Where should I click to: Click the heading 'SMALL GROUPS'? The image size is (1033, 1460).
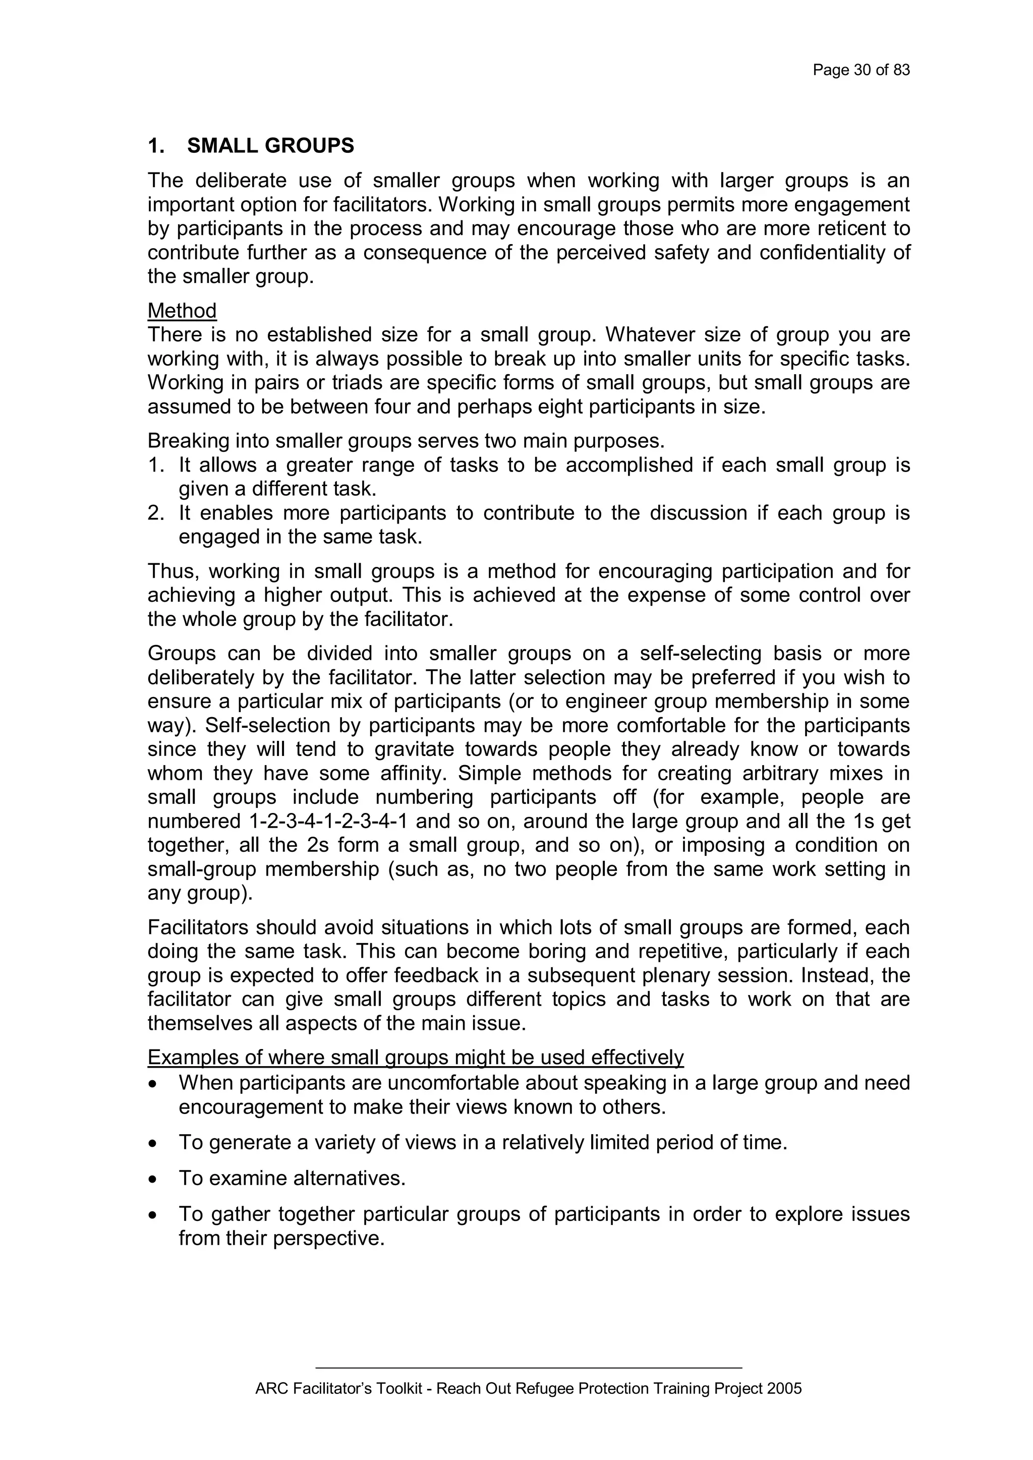pyautogui.click(x=270, y=146)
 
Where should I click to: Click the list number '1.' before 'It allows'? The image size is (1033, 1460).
pyautogui.click(x=156, y=465)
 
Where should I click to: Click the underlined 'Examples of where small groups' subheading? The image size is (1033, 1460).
pyautogui.click(x=415, y=1057)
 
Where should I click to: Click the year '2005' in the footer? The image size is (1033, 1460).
pyautogui.click(x=784, y=1388)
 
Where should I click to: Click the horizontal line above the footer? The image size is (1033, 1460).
pyautogui.click(x=529, y=1367)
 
